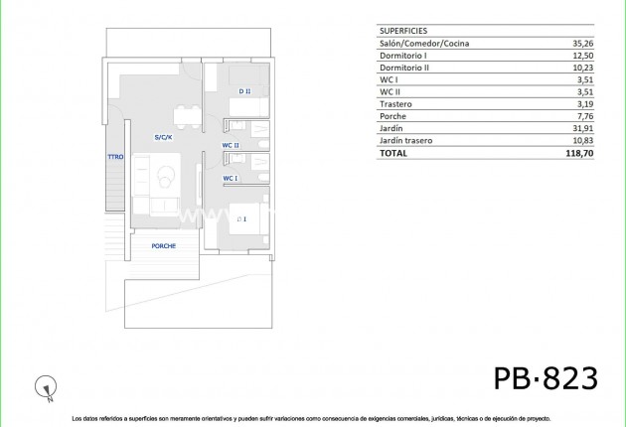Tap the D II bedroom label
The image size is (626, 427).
(244, 91)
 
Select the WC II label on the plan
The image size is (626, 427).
(231, 145)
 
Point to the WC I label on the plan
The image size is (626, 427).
(231, 179)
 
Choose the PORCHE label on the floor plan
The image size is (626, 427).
(164, 246)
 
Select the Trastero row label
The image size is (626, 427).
(396, 104)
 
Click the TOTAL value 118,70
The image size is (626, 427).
(577, 154)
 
